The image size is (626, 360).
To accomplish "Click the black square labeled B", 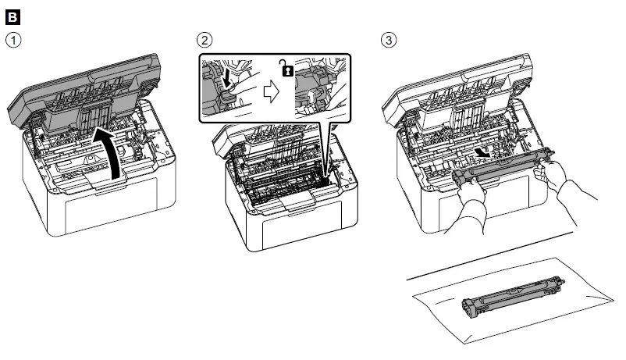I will point(9,16).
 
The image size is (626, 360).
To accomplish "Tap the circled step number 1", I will point(11,39).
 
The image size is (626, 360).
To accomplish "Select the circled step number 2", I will point(205,39).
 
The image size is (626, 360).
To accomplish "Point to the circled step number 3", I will point(387,39).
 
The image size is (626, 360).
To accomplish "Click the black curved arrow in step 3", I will point(484,153).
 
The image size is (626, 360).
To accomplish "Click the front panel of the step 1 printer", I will point(101,207).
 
